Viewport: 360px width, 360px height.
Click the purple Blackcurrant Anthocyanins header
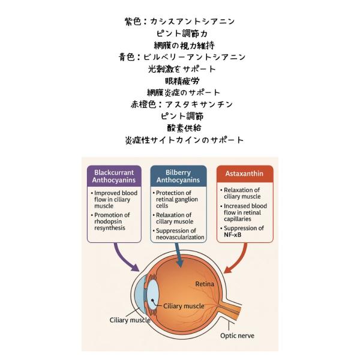[x=114, y=176]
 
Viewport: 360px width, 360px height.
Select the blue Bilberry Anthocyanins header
[x=178, y=176]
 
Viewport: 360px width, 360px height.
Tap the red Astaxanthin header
[x=245, y=174]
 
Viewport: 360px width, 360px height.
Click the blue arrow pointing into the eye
[x=179, y=255]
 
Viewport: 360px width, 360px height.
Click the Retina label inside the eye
[x=205, y=284]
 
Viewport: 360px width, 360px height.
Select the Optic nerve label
[x=237, y=335]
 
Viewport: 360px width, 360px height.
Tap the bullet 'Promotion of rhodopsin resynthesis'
[x=110, y=221]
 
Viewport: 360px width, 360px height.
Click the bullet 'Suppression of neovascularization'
[x=178, y=234]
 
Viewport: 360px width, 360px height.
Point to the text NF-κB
[x=232, y=235]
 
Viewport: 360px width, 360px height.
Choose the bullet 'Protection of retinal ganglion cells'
[x=175, y=199]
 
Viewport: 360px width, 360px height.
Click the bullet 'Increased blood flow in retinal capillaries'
[x=244, y=212]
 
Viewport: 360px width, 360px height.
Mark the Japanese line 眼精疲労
[x=182, y=81]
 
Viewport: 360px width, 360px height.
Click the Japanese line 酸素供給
[x=184, y=128]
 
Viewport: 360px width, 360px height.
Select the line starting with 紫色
[x=180, y=22]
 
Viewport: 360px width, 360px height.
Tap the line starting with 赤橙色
[x=182, y=104]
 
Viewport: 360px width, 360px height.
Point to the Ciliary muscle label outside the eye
[x=130, y=320]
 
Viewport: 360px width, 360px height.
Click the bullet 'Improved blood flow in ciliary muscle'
[x=115, y=199]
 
